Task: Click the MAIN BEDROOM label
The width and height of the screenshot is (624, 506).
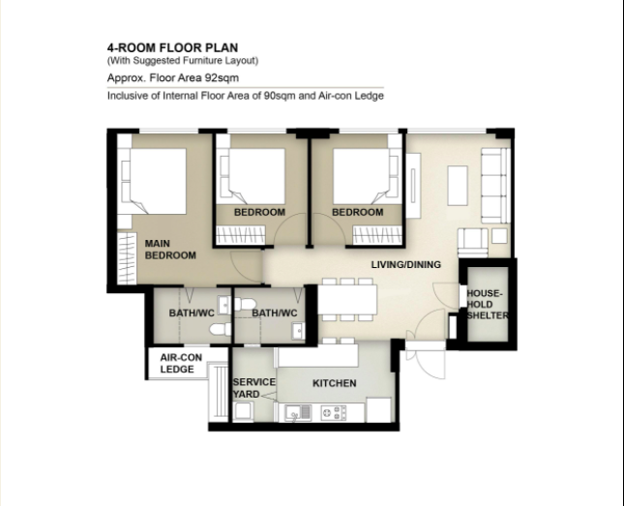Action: coord(170,250)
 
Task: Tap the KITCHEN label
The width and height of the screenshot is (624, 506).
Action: coord(335,383)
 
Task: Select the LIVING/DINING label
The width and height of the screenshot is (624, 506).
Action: coord(406,265)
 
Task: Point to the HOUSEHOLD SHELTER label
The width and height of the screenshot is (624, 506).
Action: coord(487,305)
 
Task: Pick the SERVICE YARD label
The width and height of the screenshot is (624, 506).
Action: coord(253,388)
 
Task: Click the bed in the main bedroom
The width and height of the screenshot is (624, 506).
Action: coord(154,181)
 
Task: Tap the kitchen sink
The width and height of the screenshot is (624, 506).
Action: coord(298,413)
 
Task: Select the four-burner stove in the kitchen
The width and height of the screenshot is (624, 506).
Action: coord(334,413)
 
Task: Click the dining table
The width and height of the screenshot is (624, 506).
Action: coord(347,299)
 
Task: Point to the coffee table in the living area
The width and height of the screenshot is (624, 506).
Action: coord(458,186)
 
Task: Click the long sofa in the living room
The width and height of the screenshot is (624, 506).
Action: coord(495,185)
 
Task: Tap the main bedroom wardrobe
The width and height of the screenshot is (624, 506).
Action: coord(127,258)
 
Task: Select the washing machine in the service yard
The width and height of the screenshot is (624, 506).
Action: coord(244,411)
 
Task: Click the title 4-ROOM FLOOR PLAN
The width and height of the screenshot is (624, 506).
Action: coord(173,47)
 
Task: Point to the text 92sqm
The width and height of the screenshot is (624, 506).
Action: coord(222,77)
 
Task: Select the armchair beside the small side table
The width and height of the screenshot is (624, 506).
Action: coord(473,243)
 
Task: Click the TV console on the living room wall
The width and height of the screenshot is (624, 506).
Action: coord(413,186)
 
